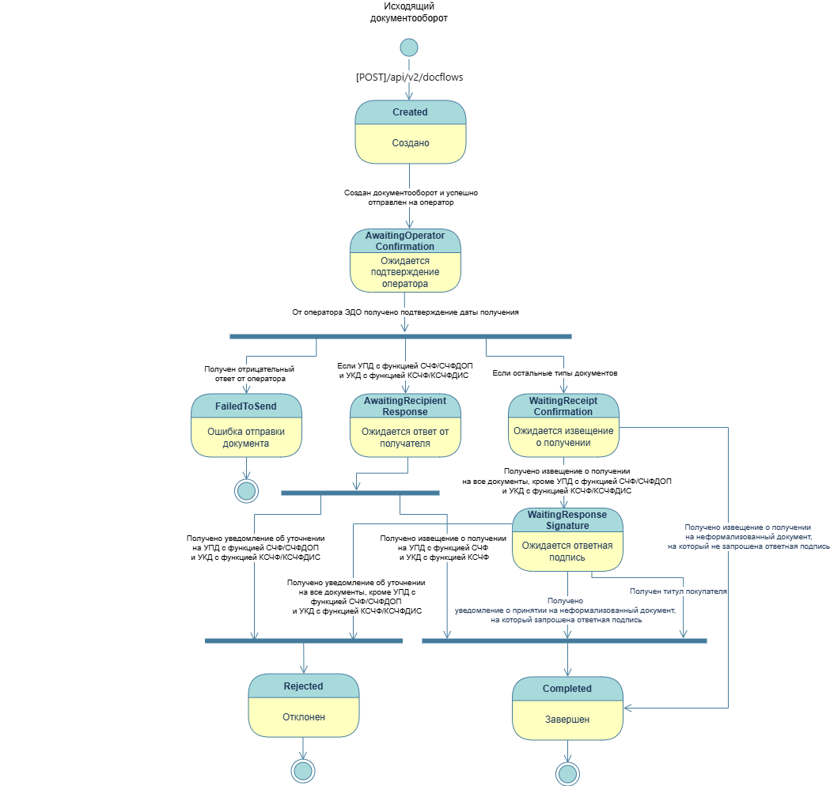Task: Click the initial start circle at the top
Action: tap(409, 47)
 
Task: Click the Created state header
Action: tap(410, 112)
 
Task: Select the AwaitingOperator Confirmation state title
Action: tap(405, 241)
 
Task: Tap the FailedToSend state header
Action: tap(247, 406)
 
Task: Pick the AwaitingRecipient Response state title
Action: tap(405, 406)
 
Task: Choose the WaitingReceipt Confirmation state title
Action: tap(563, 406)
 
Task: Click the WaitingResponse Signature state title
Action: tap(567, 520)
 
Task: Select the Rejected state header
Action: tap(304, 686)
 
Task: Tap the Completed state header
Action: tap(567, 689)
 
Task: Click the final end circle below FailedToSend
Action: tap(247, 490)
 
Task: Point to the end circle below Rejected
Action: tap(303, 770)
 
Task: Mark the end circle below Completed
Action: tap(567, 773)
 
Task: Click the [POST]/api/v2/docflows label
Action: tap(410, 77)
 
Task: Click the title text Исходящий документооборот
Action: tap(409, 12)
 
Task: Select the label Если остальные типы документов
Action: tap(555, 373)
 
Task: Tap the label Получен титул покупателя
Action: tap(678, 591)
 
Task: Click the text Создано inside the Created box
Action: tap(410, 143)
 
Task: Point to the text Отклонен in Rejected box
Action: tap(304, 717)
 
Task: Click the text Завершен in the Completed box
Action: tap(567, 720)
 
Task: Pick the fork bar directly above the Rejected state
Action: tap(304, 641)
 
